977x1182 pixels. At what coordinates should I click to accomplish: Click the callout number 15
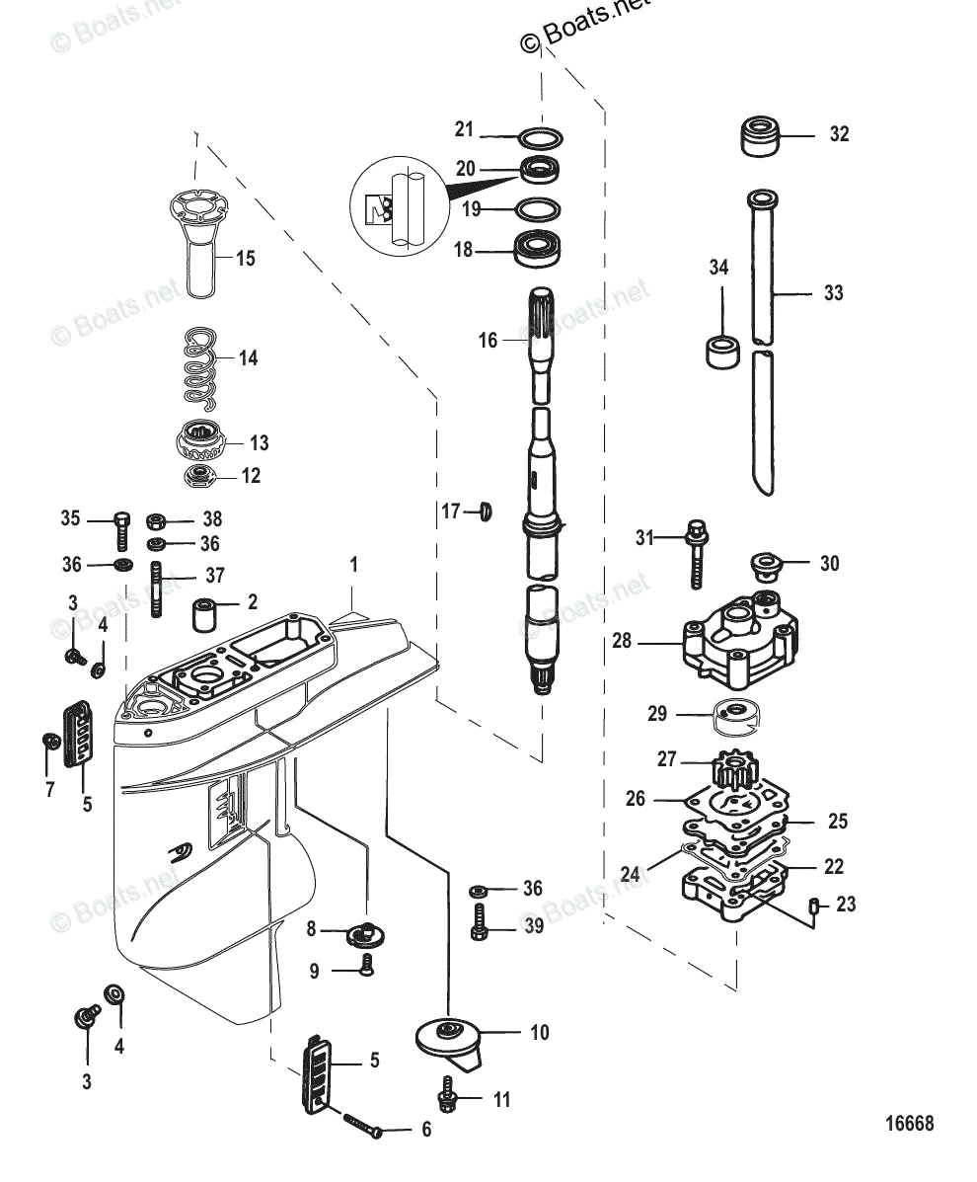click(x=245, y=258)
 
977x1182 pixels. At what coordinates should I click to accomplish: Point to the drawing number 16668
click(x=909, y=1124)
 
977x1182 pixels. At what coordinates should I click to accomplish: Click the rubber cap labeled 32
click(x=763, y=135)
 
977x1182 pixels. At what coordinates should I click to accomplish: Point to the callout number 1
click(x=353, y=566)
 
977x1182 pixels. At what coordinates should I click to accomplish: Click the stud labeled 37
click(x=157, y=590)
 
